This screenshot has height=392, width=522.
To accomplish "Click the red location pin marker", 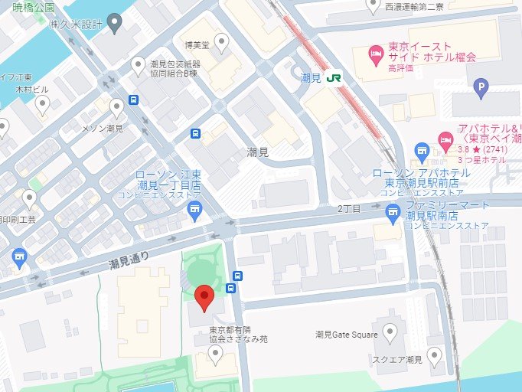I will (204, 297).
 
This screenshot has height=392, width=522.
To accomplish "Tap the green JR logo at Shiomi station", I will (333, 77).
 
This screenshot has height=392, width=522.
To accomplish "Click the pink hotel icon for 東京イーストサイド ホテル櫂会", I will (376, 52).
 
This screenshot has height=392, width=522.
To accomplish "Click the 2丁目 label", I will (348, 208).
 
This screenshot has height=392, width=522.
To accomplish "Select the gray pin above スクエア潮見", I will (435, 354).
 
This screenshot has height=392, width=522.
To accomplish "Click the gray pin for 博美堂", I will (222, 41).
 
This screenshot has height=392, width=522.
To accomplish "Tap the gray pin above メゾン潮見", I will (116, 107).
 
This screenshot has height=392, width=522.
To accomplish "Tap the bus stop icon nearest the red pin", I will (239, 276).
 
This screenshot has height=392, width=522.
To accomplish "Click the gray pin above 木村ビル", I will (43, 103).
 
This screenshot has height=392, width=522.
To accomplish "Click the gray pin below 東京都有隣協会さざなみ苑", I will (216, 354).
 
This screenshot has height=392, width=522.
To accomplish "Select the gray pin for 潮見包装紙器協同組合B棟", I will (139, 65).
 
